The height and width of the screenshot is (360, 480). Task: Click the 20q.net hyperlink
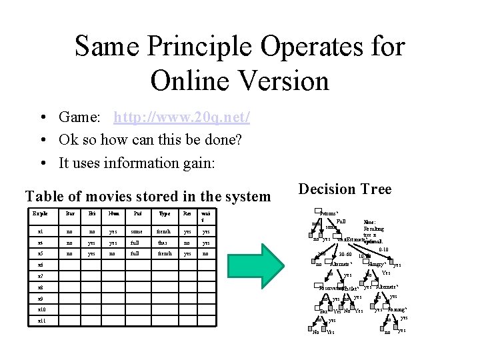click(x=182, y=118)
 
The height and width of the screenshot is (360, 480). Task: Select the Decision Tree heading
click(x=345, y=189)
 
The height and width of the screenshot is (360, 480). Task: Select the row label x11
click(x=42, y=321)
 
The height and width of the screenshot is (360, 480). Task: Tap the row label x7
click(x=41, y=275)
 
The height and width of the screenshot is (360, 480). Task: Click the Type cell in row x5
click(x=164, y=254)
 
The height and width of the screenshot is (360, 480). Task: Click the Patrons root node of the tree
click(x=330, y=213)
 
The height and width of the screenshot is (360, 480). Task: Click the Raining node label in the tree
click(x=397, y=310)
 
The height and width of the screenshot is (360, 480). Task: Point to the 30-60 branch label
click(x=345, y=254)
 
